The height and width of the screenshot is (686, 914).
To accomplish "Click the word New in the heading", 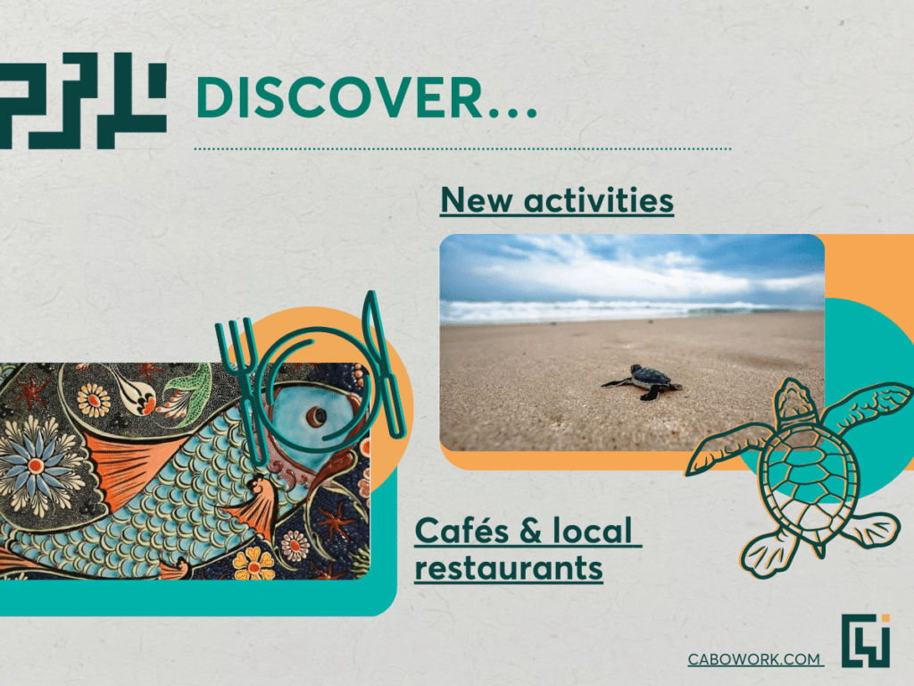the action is point(477,200).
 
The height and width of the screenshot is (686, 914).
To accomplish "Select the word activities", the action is point(599,200).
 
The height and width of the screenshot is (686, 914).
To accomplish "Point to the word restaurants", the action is point(508,568).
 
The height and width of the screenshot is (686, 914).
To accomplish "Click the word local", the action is point(593,531).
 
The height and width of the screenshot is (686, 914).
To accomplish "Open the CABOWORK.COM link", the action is point(754,659).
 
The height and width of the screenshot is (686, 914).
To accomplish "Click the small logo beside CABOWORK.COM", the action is point(866,640).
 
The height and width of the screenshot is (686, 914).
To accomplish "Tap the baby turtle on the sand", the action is point(643,382).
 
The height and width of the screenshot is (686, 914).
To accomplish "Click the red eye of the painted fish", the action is point(317,416).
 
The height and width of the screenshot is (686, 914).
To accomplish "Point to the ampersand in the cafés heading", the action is point(530,531).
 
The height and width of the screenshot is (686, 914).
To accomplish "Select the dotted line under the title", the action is point(462,149).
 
